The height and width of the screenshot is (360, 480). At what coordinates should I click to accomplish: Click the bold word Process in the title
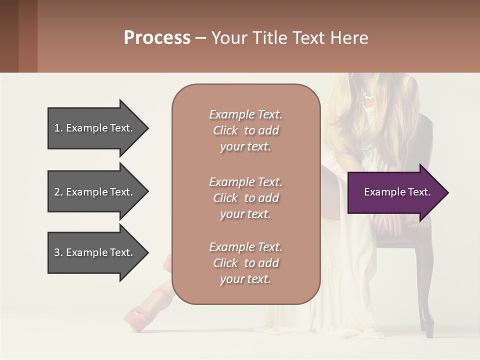[x=157, y=38]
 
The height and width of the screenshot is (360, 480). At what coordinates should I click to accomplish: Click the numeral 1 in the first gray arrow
[x=57, y=128]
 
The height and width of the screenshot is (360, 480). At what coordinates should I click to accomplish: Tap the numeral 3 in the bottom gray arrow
[x=57, y=252]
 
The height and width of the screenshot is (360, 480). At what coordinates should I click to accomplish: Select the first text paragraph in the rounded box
[x=245, y=130]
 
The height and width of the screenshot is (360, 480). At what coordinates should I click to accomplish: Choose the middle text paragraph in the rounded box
[x=245, y=198]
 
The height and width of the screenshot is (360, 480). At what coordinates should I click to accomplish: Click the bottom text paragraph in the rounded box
[x=245, y=263]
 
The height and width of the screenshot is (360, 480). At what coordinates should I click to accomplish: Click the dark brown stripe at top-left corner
[x=9, y=36]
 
